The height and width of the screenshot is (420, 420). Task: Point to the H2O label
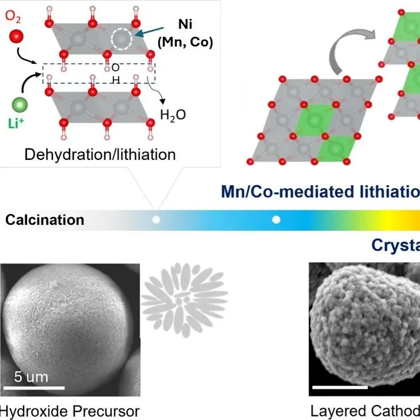click(x=173, y=114)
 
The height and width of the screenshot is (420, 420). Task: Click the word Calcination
click(x=45, y=220)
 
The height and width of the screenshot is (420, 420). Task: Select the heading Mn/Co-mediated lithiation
click(x=320, y=192)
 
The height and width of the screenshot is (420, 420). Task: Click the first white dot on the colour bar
click(x=155, y=220)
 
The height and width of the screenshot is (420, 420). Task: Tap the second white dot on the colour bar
click(x=276, y=220)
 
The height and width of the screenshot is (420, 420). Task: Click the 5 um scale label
click(x=32, y=377)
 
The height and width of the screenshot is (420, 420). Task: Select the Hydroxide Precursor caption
click(x=70, y=411)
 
